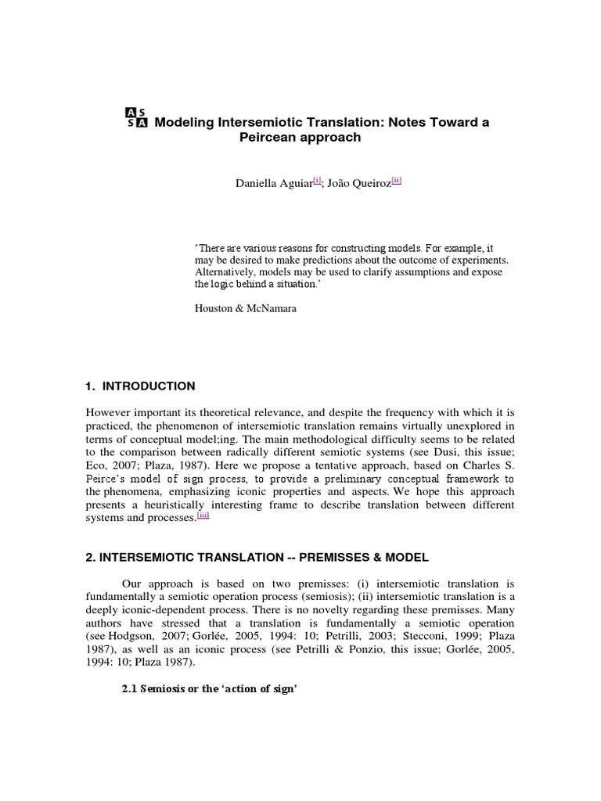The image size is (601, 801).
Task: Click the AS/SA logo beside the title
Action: pyautogui.click(x=136, y=117)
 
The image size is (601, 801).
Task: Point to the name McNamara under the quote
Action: pyautogui.click(x=272, y=308)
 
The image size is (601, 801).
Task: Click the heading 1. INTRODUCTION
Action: pyautogui.click(x=140, y=386)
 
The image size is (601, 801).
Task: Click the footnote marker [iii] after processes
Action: pyautogui.click(x=203, y=515)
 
